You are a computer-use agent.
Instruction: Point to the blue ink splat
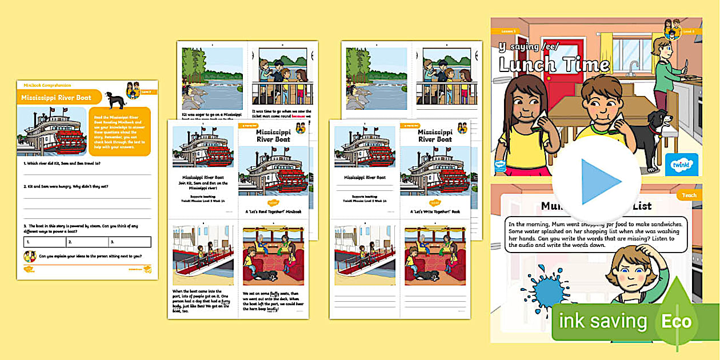pos(551,289)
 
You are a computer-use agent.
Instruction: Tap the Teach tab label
pos(689,195)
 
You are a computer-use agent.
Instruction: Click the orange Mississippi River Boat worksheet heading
pos(57,98)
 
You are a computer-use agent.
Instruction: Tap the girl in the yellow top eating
pos(519,129)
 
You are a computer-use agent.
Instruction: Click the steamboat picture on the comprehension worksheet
pos(52,131)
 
